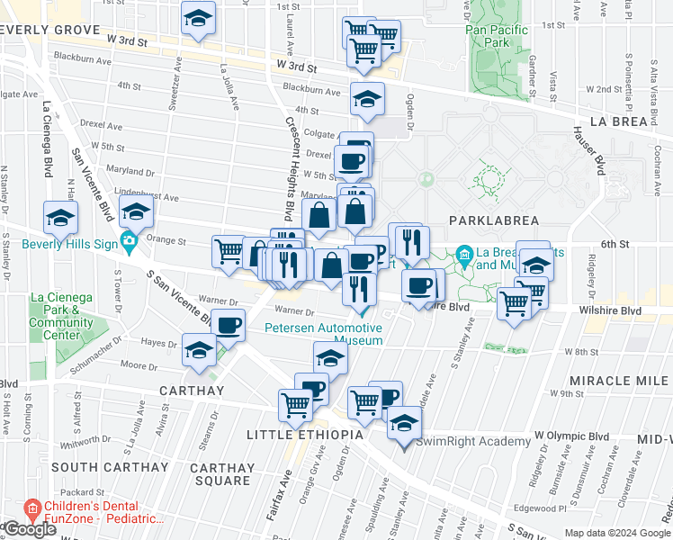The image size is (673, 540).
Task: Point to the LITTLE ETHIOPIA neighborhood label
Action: point(305,435)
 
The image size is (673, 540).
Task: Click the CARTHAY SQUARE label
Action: point(222,474)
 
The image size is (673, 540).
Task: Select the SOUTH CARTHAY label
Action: point(109,467)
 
